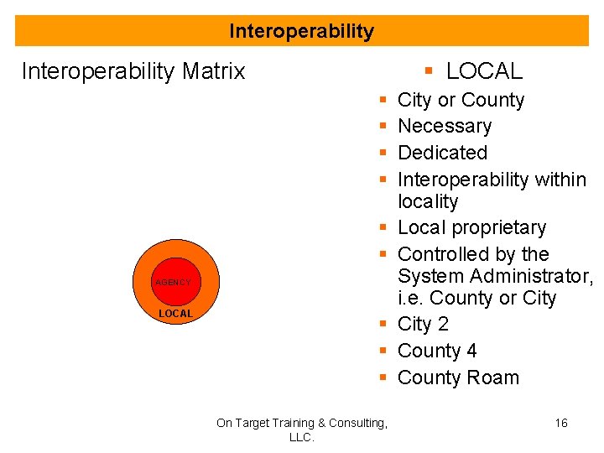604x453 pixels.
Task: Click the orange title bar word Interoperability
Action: coord(301,32)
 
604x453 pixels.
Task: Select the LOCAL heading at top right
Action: coord(483,71)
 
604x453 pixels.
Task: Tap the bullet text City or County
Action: coord(461,100)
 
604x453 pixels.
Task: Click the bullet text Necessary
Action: coord(445,126)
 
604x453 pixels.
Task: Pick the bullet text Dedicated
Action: coord(442,153)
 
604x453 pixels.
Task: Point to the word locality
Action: coord(428,201)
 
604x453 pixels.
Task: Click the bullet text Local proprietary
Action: coord(471,227)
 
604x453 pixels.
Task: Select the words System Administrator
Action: coord(495,276)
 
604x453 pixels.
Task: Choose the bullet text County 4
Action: coord(437,351)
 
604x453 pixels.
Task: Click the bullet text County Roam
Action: coord(458,377)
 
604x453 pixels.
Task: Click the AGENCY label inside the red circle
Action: coord(173,283)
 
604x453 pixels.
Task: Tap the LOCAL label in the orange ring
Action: coord(176,314)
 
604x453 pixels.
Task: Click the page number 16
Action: coord(561,423)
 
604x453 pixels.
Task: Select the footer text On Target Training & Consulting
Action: coord(301,423)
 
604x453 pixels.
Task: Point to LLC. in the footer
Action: coord(301,437)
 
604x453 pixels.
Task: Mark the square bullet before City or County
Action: coord(382,101)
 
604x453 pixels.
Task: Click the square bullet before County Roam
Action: coord(382,378)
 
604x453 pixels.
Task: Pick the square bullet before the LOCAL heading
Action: coord(429,72)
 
